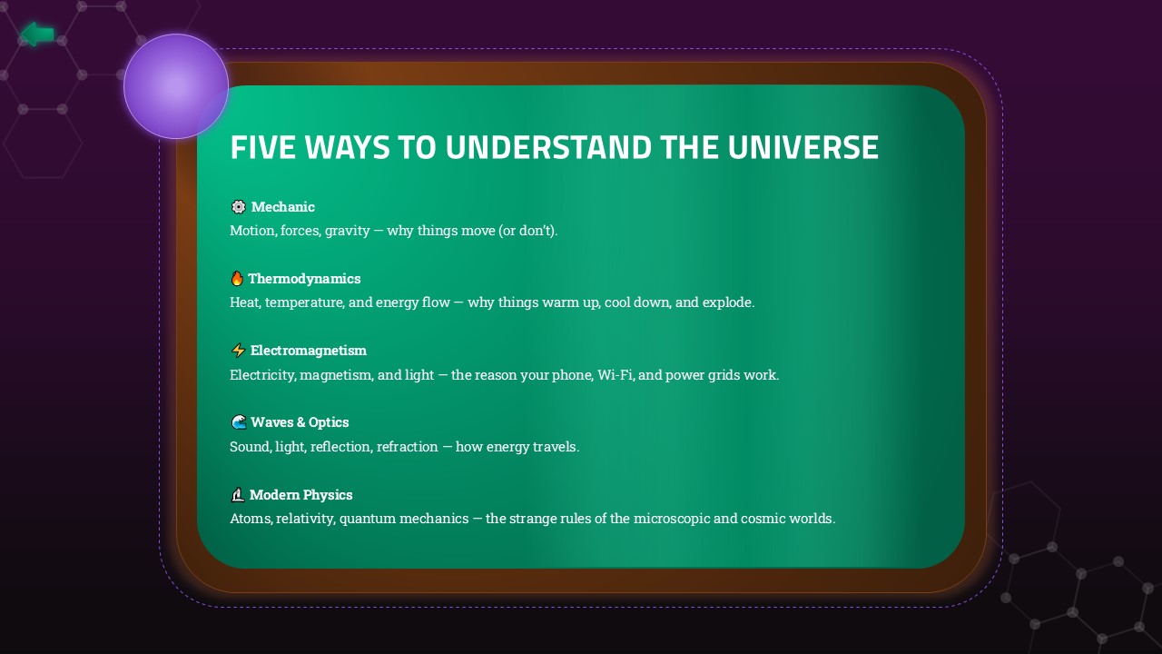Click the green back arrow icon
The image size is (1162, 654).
tap(37, 35)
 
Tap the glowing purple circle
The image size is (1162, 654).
tap(176, 86)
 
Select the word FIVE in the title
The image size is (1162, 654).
tap(262, 147)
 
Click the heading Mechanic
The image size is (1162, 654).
tap(282, 207)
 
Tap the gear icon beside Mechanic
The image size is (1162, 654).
tap(238, 207)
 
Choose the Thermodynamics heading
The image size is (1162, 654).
tap(304, 279)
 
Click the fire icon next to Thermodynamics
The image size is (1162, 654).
tap(237, 279)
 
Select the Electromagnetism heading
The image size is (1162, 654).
tap(308, 351)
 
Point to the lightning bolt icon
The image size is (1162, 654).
tap(238, 351)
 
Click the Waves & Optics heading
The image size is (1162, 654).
tap(300, 422)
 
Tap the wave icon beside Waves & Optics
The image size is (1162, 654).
tap(238, 422)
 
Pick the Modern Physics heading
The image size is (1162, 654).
tap(300, 495)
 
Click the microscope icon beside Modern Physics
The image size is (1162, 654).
tap(238, 495)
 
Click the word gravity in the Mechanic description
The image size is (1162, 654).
tap(347, 231)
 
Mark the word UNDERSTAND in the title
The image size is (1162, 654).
tap(548, 147)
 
